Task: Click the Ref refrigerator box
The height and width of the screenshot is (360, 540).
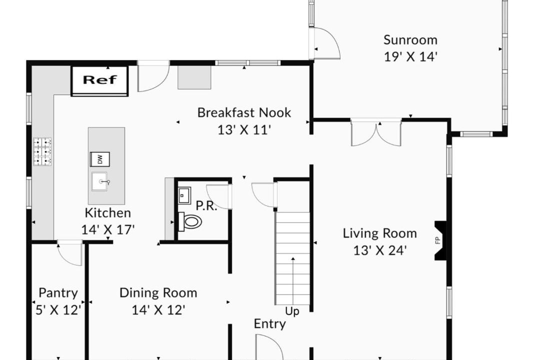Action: tap(99, 81)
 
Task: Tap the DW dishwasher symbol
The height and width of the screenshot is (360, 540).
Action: tap(100, 159)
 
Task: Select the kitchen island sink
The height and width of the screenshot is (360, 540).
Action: tap(100, 181)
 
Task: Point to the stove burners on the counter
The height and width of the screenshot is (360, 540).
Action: tap(42, 151)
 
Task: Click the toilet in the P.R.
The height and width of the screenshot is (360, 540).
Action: tap(190, 221)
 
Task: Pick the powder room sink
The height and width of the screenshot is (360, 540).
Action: tap(184, 195)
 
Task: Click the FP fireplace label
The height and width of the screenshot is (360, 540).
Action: tap(438, 240)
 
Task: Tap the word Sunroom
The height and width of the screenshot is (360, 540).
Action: tap(410, 40)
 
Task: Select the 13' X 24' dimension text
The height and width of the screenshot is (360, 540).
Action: tap(380, 250)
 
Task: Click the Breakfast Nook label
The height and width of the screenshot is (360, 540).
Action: tap(244, 112)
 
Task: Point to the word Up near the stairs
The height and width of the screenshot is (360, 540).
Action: tap(292, 312)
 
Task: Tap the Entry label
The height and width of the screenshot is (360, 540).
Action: tap(269, 324)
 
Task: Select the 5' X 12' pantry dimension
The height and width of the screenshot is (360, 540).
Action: tap(58, 309)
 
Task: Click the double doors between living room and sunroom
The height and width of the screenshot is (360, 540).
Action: tap(376, 132)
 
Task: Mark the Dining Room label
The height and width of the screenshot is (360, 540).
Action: tap(158, 293)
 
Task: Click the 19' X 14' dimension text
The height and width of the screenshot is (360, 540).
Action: tap(410, 56)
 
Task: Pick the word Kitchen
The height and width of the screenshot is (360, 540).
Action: tap(108, 213)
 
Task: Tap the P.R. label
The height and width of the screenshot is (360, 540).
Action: tap(206, 206)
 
